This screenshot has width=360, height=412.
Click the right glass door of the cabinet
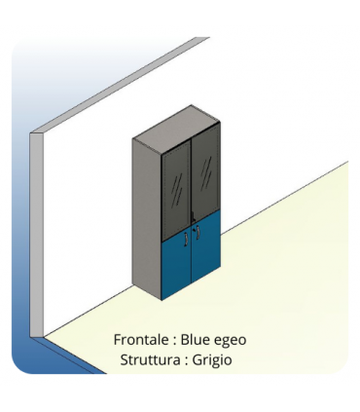[207, 175]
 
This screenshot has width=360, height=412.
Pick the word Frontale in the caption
[142, 340]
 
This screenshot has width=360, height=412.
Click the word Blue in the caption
[196, 340]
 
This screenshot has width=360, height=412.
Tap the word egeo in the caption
[231, 341]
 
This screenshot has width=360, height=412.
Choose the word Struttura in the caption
[149, 359]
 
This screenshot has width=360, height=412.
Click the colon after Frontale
[174, 341]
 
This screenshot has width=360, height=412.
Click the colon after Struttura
[184, 360]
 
